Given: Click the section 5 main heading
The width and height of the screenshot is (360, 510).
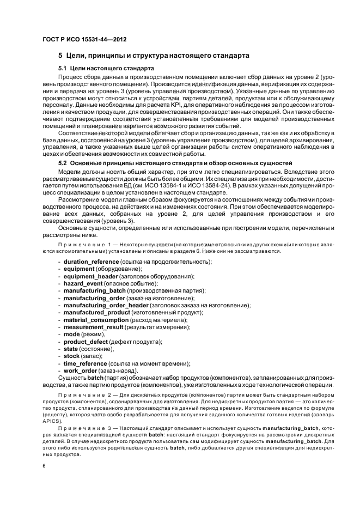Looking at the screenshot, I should [154, 56].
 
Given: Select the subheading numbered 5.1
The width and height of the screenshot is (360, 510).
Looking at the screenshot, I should [106, 69].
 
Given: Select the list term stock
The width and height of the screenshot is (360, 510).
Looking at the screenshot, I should [72, 356].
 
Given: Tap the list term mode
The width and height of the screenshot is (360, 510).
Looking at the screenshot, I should [72, 334].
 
